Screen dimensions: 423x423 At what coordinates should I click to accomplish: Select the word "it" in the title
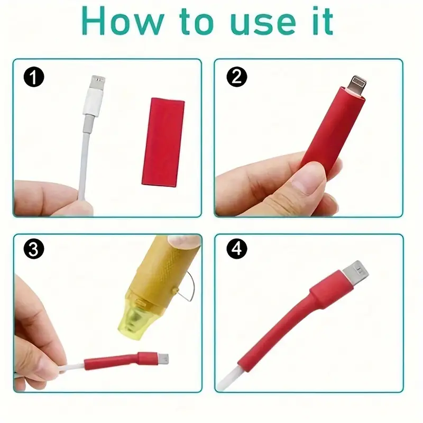320,22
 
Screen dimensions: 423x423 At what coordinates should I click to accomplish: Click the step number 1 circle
33,78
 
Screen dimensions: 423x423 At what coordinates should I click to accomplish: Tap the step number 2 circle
236,78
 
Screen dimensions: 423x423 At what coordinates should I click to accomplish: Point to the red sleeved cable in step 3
114,362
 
